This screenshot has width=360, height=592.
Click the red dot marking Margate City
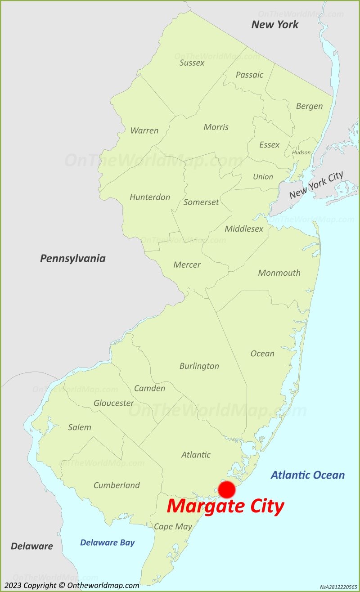(226, 489)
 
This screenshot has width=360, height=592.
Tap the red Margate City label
(225, 507)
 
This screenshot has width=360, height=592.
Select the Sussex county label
(192, 63)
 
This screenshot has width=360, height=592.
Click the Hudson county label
(301, 152)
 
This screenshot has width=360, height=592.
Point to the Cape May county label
(173, 526)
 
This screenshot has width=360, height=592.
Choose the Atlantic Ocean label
(308, 475)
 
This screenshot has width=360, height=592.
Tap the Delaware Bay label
(107, 542)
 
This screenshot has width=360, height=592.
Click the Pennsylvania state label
(73, 258)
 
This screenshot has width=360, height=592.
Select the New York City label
(316, 185)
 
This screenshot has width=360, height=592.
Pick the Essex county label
(269, 145)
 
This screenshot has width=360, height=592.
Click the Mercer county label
(187, 265)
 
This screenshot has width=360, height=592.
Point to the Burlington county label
(199, 366)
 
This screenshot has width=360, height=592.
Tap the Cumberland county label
(117, 485)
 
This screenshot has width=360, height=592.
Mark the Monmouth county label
(279, 273)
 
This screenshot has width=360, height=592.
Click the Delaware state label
(31, 546)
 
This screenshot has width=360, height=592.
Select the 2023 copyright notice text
(72, 585)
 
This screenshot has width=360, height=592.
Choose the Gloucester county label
(113, 403)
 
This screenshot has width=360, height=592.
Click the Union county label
(263, 177)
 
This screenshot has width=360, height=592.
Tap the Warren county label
(144, 130)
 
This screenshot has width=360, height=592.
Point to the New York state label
(274, 24)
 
